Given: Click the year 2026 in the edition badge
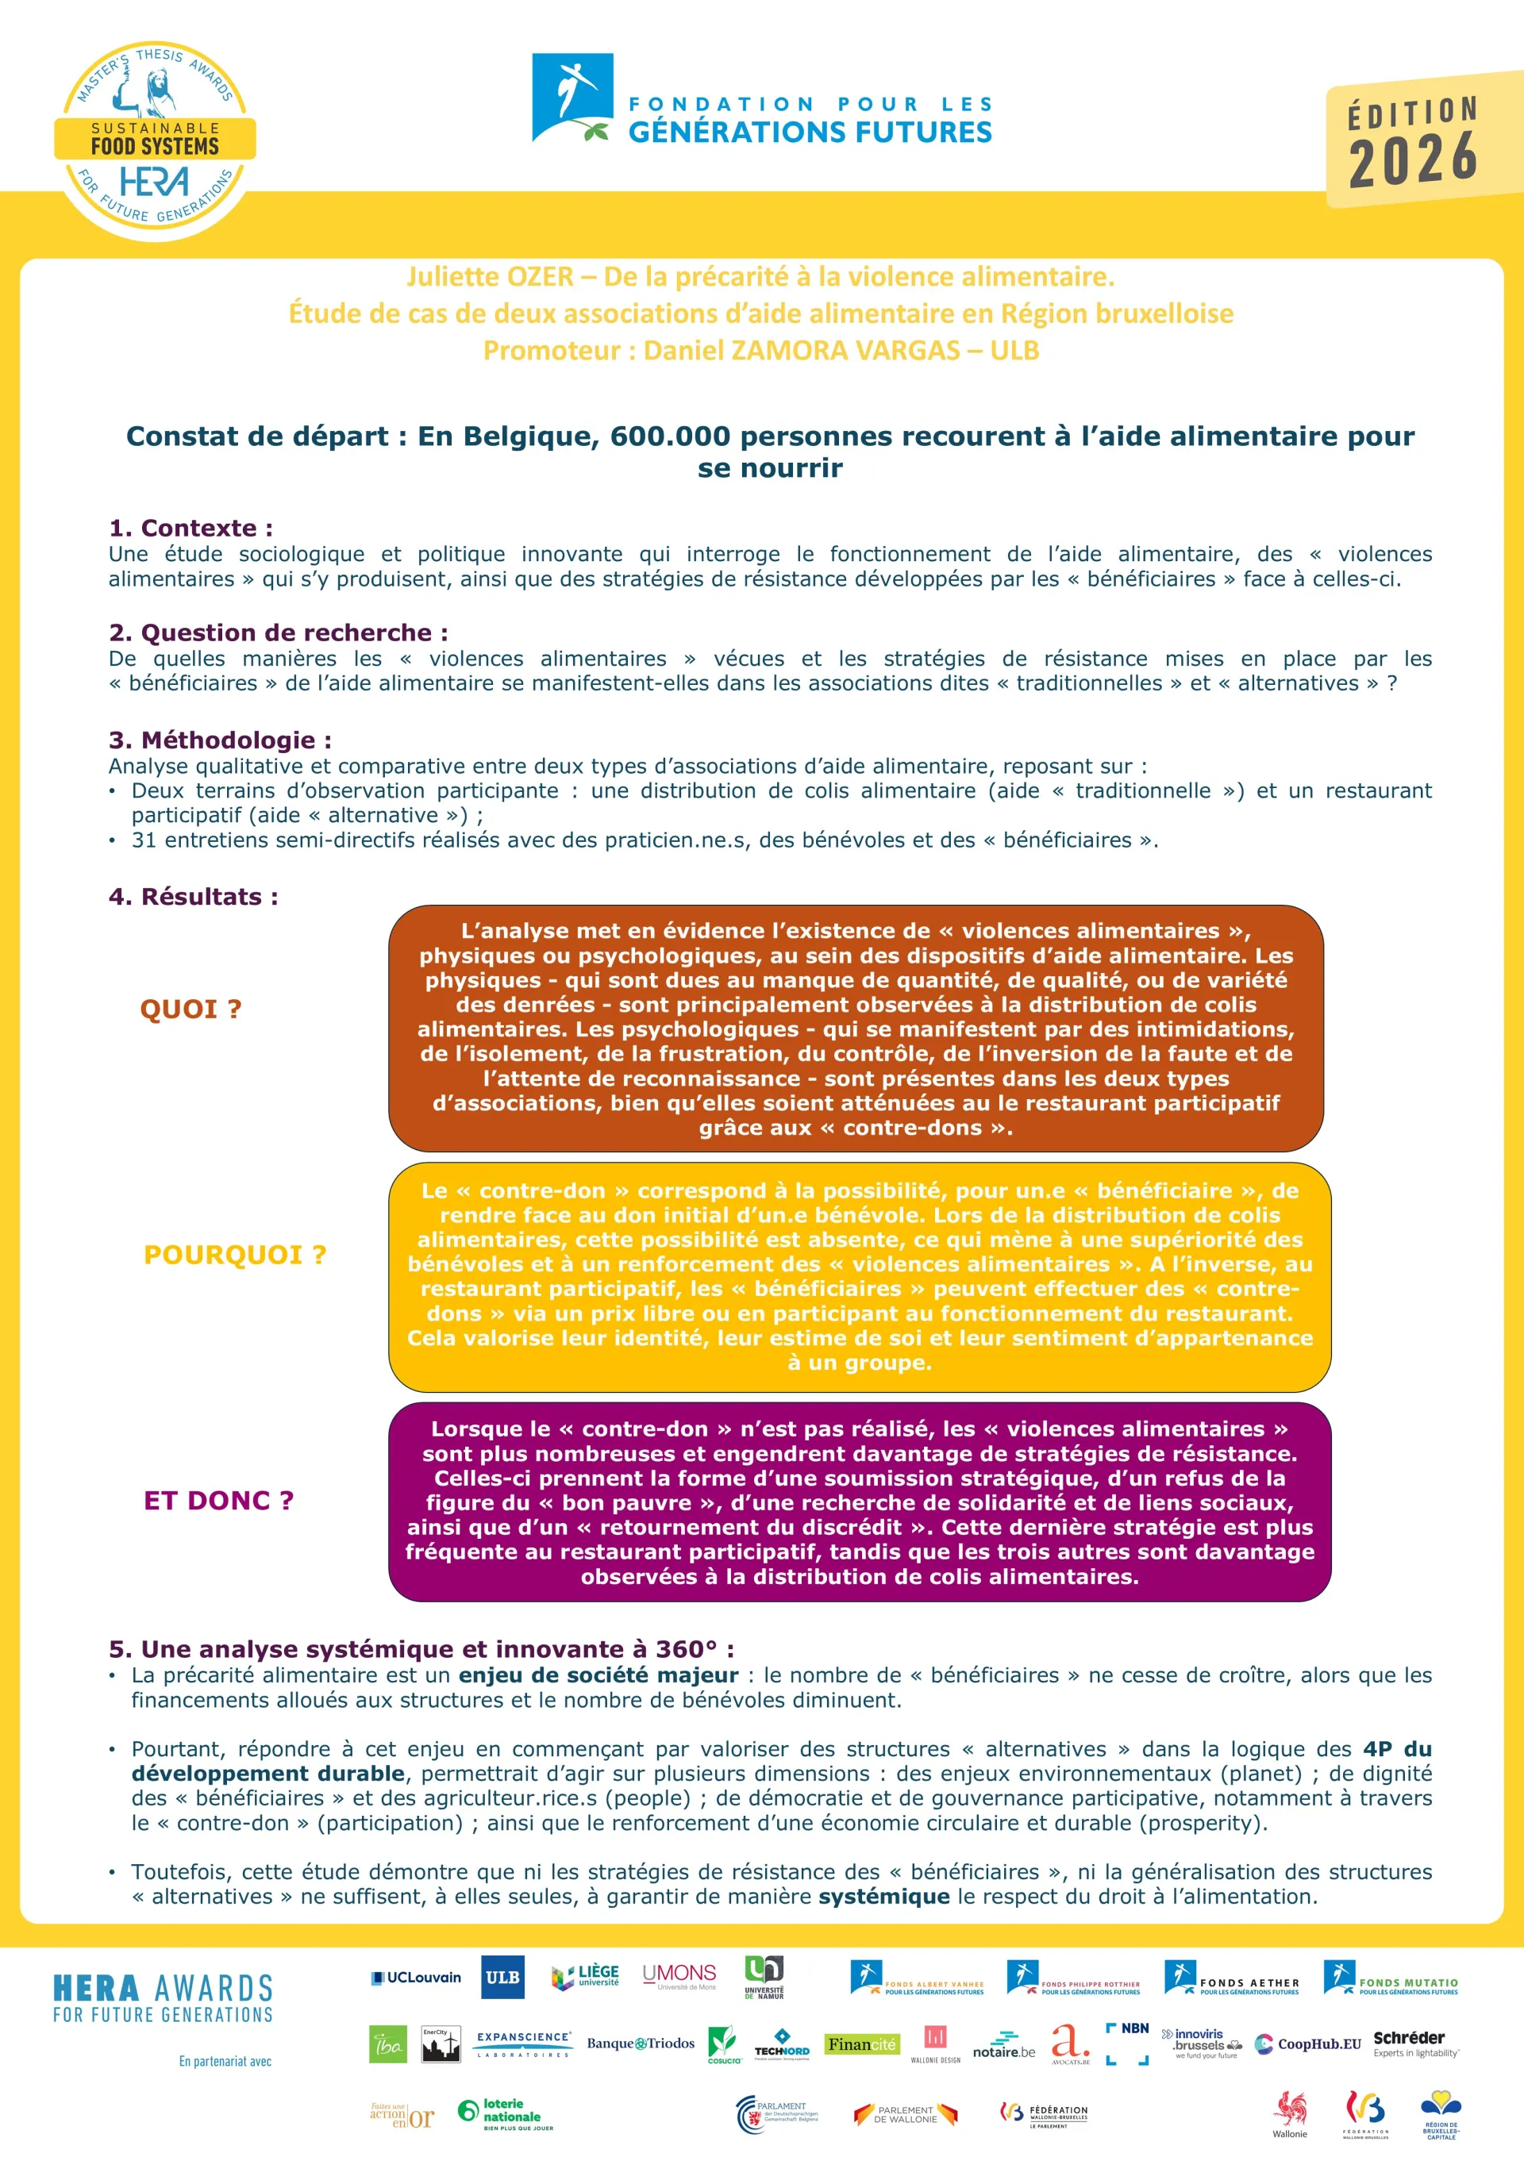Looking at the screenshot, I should click(x=1413, y=158).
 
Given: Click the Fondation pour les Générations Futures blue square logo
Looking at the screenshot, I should click(x=572, y=98).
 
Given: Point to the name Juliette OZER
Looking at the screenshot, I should click(x=490, y=277).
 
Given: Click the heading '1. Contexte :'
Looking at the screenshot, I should click(x=190, y=528).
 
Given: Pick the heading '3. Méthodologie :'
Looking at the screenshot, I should click(x=220, y=740).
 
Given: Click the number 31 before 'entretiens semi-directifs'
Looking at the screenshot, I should click(x=144, y=840).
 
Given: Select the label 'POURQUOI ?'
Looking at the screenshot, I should click(x=235, y=1255).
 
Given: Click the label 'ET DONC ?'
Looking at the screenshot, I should click(x=218, y=1501).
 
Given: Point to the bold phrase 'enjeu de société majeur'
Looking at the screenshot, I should click(x=598, y=1675).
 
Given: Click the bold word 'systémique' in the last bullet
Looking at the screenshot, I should click(x=884, y=1896).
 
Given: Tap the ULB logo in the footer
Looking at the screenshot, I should click(x=502, y=1977).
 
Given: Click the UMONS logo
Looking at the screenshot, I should click(x=679, y=1974).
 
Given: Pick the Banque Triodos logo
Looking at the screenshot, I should click(x=641, y=2044).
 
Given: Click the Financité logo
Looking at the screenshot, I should click(x=861, y=2044).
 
